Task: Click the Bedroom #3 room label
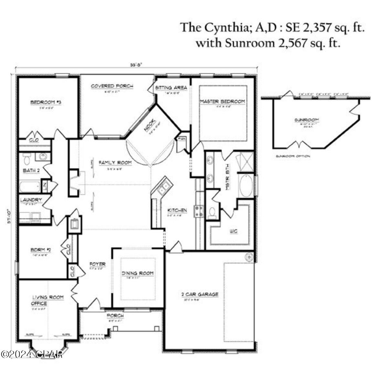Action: tap(46, 102)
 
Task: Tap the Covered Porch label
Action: tap(112, 86)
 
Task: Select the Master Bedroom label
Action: tap(222, 101)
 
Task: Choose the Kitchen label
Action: tap(177, 210)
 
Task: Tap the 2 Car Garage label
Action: tap(200, 294)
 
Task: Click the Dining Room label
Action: tap(138, 273)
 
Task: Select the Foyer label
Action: tap(97, 264)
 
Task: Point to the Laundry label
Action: tap(31, 200)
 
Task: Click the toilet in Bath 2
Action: tap(27, 159)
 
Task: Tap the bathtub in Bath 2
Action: tap(30, 187)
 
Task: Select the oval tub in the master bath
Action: tap(247, 186)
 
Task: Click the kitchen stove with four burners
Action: tap(199, 211)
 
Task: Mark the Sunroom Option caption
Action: tap(293, 156)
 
